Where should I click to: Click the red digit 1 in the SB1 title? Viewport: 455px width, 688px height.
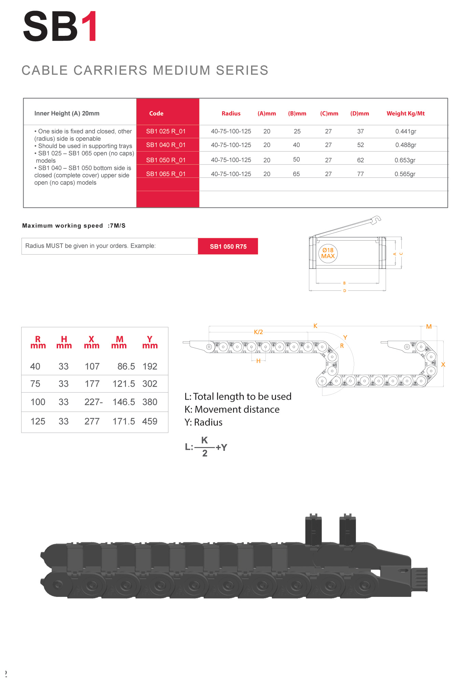(x=90, y=27)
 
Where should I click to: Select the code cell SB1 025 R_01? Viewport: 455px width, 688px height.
(x=166, y=131)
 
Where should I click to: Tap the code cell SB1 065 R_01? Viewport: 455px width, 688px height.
(x=166, y=174)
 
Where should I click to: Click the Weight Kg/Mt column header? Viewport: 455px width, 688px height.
(x=405, y=114)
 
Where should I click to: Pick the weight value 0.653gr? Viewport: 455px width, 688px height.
(x=405, y=160)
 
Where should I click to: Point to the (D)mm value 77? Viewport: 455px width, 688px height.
(x=360, y=174)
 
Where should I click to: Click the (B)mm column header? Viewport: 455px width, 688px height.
(x=297, y=114)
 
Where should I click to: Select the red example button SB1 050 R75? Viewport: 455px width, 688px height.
(x=228, y=246)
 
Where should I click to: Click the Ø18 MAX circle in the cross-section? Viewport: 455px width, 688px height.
(x=328, y=253)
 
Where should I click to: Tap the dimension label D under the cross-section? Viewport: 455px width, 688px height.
(x=345, y=291)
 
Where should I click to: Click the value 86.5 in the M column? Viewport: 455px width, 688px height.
(x=126, y=367)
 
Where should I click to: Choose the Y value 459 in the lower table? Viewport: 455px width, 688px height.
(x=150, y=421)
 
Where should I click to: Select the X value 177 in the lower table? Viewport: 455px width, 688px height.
(x=92, y=384)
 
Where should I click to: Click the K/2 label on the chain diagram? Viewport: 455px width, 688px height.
(x=258, y=332)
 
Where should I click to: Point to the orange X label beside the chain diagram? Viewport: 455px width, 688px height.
(x=443, y=364)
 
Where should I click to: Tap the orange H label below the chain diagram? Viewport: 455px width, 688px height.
(x=258, y=361)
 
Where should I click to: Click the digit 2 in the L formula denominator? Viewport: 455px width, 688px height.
(x=205, y=453)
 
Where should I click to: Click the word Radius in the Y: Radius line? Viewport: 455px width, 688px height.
(x=208, y=422)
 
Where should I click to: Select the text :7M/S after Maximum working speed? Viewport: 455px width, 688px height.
(x=116, y=226)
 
